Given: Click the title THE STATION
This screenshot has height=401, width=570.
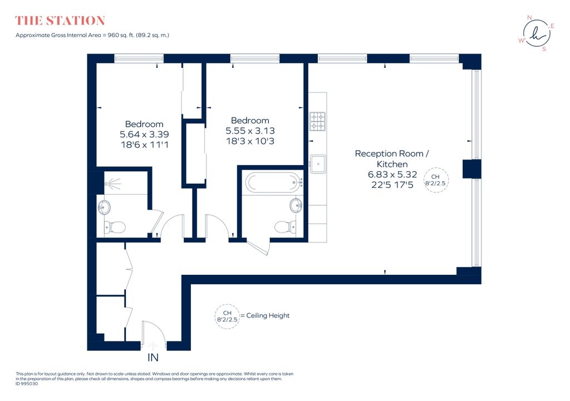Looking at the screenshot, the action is click(x=60, y=21).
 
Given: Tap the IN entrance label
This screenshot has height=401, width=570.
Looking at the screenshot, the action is click(x=153, y=358).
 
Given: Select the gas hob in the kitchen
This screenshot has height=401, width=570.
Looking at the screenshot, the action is click(x=317, y=121).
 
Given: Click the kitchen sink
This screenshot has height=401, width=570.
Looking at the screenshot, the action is click(x=318, y=164).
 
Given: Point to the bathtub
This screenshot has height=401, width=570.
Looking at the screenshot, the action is click(x=273, y=182).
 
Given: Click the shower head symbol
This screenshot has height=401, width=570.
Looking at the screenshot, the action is click(x=113, y=184).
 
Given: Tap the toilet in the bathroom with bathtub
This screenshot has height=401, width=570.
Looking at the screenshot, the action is click(x=286, y=227).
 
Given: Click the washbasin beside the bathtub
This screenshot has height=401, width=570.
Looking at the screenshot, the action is click(x=296, y=206).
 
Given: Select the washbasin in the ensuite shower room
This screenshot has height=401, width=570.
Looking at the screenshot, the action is click(x=104, y=208).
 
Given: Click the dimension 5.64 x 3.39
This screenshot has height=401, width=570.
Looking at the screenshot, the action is click(x=144, y=135).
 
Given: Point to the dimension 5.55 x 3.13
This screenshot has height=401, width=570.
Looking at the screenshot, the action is click(x=250, y=131).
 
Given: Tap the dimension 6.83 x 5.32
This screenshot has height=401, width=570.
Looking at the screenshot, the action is click(x=392, y=174).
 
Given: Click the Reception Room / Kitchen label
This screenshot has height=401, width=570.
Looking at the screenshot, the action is click(x=392, y=159).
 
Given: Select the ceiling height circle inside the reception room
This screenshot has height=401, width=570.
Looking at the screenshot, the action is click(x=436, y=180).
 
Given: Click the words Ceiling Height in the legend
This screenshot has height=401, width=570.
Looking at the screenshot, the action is click(x=268, y=316).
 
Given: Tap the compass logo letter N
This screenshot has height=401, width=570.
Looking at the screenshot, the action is click(x=529, y=17).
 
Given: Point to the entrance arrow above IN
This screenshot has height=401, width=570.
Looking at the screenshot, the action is click(x=153, y=345).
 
